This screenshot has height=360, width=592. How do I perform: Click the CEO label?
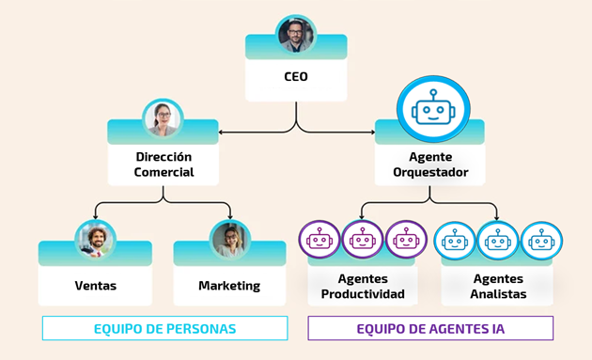click(296, 77)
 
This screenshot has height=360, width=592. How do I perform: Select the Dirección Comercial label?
click(164, 164)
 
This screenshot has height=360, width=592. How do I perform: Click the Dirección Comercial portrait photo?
click(163, 119)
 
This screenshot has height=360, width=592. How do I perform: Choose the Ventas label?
click(95, 285)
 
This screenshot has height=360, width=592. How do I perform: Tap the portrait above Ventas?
click(95, 240)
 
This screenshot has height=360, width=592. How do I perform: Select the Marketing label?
click(229, 285)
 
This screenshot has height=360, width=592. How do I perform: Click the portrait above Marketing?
click(229, 240)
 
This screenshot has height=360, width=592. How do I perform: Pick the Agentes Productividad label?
click(363, 287)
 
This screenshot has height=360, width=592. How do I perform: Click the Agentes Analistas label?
click(499, 287)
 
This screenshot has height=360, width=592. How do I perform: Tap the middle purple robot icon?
click(363, 241)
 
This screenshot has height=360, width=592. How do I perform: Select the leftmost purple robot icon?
click(319, 241)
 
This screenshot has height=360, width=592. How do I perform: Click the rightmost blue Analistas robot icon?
click(541, 241)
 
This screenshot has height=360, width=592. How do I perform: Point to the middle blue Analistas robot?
click(498, 241)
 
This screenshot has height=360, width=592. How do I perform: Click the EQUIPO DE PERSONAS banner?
click(164, 329)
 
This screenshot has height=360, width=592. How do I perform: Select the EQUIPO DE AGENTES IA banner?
click(430, 329)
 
